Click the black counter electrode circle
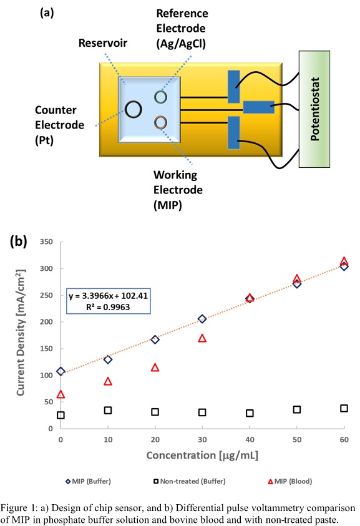(x=133, y=110)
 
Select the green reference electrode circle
(x=161, y=97)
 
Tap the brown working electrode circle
(x=161, y=122)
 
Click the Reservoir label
(x=104, y=43)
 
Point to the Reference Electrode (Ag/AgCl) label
(x=182, y=29)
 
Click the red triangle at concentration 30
(x=202, y=338)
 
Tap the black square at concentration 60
(x=344, y=408)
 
